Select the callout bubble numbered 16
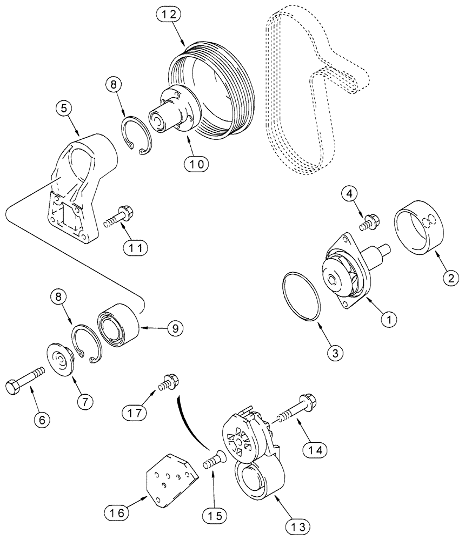(122, 512)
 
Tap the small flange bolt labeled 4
(370, 221)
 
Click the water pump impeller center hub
(331, 280)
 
